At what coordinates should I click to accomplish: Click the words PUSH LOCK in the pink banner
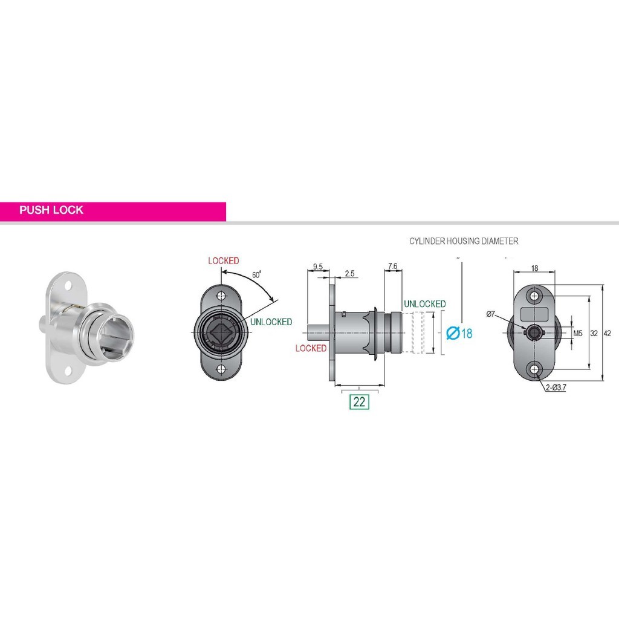[x=51, y=211]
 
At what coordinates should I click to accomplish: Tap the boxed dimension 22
[x=360, y=401]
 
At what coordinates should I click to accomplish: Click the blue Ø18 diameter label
[x=459, y=333]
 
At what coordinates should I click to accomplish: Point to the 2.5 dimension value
[x=349, y=274]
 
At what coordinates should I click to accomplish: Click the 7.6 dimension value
[x=392, y=265]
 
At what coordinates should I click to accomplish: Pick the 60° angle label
[x=256, y=274]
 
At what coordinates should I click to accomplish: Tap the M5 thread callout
[x=577, y=333]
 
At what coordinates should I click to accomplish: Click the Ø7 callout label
[x=490, y=314]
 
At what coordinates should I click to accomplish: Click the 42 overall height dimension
[x=608, y=333]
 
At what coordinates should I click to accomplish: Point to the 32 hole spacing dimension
[x=594, y=333]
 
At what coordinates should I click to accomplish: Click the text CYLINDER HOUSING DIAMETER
[x=464, y=241]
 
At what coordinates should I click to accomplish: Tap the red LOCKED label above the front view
[x=224, y=261]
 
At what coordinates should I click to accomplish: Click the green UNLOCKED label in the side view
[x=424, y=303]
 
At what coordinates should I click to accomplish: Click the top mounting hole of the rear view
[x=533, y=296]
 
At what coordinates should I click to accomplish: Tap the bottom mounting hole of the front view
[x=221, y=370]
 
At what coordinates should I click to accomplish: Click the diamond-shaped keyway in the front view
[x=221, y=333]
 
